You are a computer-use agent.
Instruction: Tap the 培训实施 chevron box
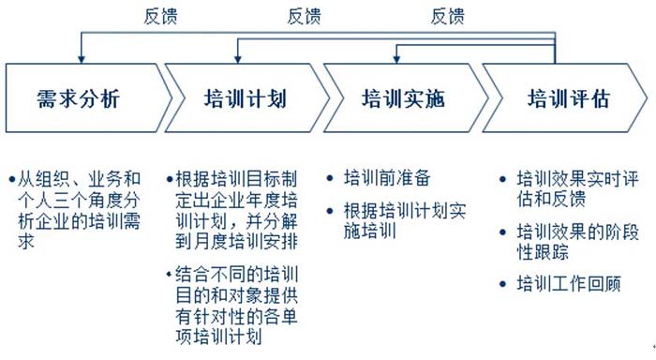click(403, 97)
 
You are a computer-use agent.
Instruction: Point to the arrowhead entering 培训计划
click(237, 58)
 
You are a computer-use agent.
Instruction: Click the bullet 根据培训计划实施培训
click(404, 218)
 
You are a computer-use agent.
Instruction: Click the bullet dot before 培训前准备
click(335, 177)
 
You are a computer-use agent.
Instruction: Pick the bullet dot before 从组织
click(10, 177)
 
